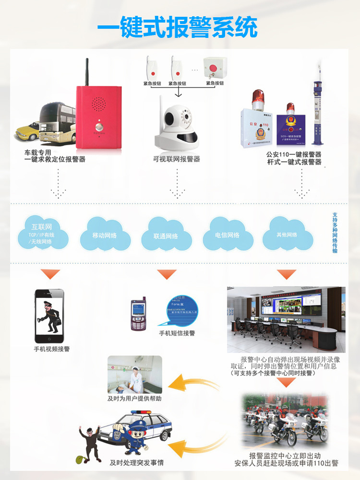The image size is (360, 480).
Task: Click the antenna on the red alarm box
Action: point(87,72)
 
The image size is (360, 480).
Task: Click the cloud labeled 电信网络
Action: point(228,235)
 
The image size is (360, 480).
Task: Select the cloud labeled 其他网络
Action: point(287,234)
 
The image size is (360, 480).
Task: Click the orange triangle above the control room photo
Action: point(287,275)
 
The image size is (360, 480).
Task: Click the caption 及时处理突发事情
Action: point(136,463)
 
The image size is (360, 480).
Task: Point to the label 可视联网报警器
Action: point(177,159)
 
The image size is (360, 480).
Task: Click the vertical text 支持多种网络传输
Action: point(335,233)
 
